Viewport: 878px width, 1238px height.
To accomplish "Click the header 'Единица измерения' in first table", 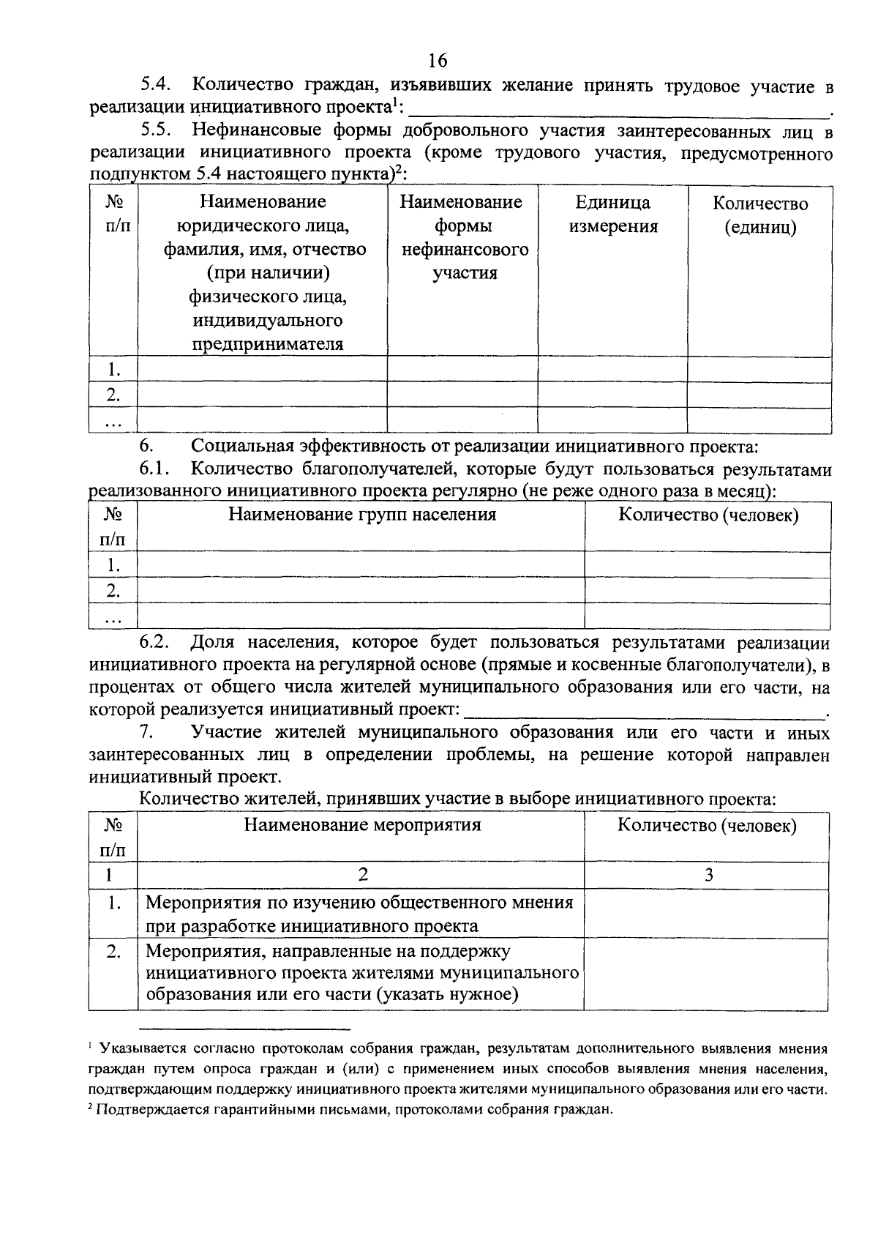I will click(x=612, y=214).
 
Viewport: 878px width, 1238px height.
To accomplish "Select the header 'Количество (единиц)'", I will click(x=760, y=215).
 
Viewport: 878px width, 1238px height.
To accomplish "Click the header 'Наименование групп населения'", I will click(x=362, y=514).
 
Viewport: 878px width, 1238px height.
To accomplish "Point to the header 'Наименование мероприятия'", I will click(x=362, y=825).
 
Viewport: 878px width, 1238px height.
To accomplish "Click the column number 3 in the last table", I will click(x=708, y=874).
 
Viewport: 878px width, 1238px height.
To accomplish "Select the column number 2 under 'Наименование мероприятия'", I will click(x=362, y=874).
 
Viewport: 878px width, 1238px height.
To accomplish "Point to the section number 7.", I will click(x=146, y=732).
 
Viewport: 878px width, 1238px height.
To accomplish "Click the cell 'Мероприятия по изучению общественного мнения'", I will click(x=359, y=902).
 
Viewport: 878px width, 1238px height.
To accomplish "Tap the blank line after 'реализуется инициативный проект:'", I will click(x=644, y=710).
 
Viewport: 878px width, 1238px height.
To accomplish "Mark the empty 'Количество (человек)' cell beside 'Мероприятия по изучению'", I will click(x=707, y=913).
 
